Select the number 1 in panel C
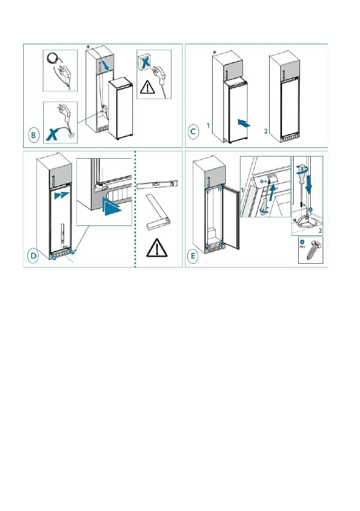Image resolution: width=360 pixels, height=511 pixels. (x=207, y=126)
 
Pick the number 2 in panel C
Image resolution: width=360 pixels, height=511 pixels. (x=266, y=131)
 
